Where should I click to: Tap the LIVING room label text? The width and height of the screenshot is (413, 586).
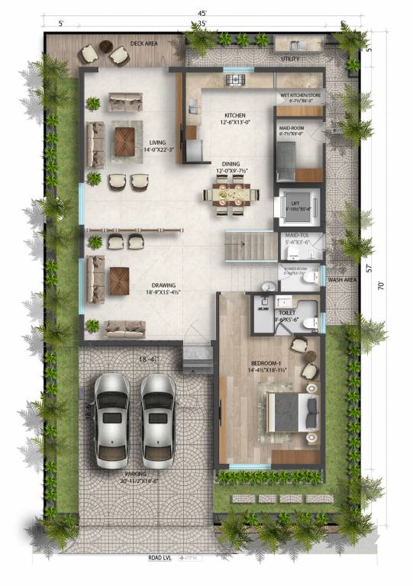[157, 142]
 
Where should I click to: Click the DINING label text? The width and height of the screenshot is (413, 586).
[231, 163]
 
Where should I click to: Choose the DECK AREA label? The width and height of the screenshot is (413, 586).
[144, 43]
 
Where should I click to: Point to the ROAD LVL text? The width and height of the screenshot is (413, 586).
[163, 558]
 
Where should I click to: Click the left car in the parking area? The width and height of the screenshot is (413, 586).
[111, 420]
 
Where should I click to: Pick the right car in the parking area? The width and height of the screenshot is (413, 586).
[158, 420]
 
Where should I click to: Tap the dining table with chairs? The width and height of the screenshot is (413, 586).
[229, 197]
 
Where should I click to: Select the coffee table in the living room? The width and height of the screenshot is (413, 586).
[124, 139]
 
